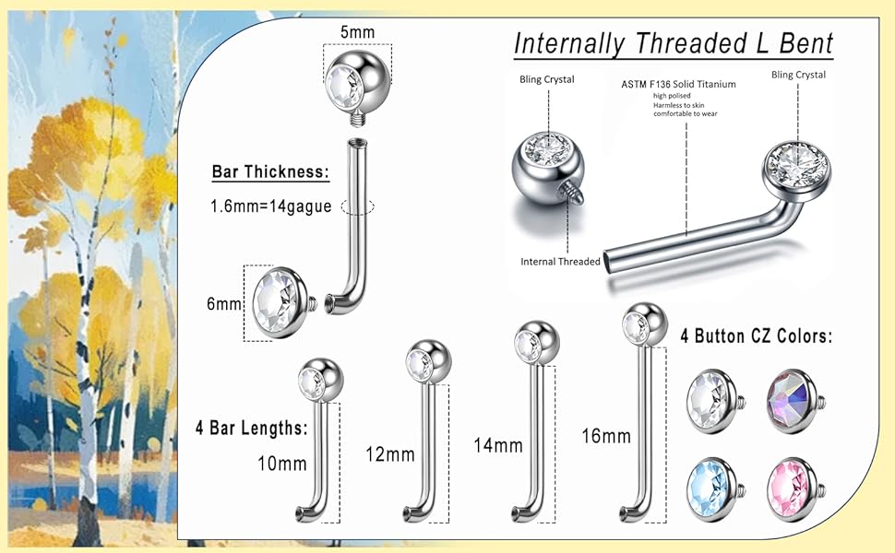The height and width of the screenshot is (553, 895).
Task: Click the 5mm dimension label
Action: coord(357,32)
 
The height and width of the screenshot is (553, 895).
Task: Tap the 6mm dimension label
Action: coord(223,303)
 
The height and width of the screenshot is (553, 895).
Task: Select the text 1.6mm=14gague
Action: coord(271,206)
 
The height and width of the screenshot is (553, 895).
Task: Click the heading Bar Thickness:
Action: coord(270,171)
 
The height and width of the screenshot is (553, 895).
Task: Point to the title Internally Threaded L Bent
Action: coord(673,43)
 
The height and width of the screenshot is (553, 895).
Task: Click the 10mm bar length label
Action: coord(280,463)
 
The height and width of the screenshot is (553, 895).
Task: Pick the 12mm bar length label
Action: coord(389,453)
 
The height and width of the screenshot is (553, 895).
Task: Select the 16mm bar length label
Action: coord(606,435)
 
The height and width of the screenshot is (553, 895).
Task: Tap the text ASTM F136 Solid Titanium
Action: coord(678,84)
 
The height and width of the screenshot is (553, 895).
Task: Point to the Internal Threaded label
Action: coord(560,262)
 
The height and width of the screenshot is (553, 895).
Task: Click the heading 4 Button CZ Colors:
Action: coord(756,336)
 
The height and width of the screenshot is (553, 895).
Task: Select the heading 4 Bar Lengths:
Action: coord(250,428)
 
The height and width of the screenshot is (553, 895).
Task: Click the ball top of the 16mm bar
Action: coord(640,324)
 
